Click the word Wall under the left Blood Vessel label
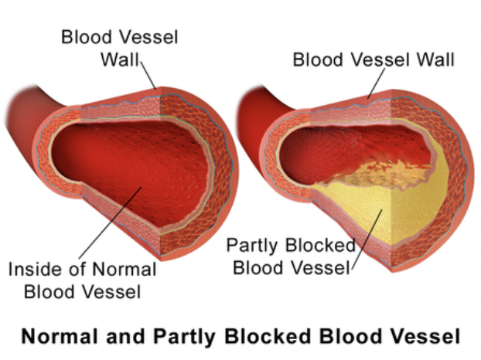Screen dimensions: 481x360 [x=120, y=59]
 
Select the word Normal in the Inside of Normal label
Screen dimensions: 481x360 [x=125, y=270]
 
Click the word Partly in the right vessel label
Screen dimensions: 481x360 [x=252, y=246]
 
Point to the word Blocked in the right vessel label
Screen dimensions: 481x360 [x=320, y=245]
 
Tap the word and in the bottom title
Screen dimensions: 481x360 [x=126, y=336]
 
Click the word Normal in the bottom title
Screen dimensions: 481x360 [x=58, y=336]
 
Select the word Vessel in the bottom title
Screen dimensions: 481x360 [x=428, y=336]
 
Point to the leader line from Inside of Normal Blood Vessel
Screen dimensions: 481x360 [x=111, y=223]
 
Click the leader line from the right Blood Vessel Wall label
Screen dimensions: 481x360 [x=376, y=83]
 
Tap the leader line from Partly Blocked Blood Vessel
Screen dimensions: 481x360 [x=367, y=239]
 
